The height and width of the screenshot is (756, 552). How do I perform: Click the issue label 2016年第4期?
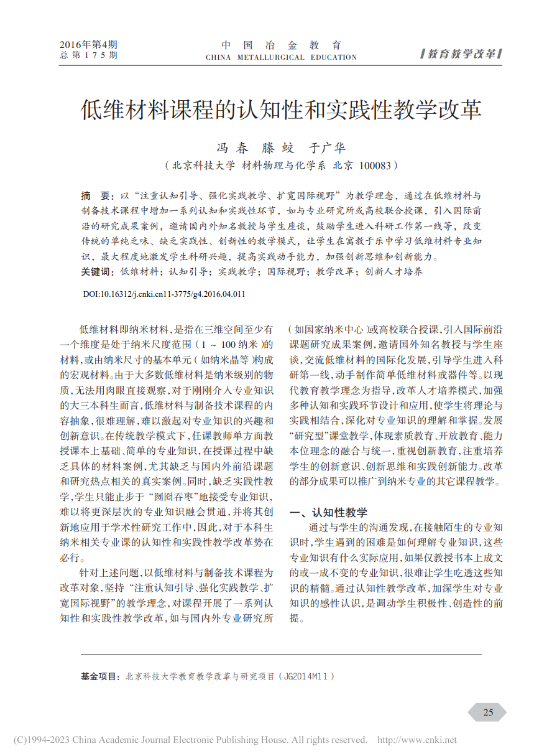point(88,45)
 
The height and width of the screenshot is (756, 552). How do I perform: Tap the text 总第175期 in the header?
point(88,55)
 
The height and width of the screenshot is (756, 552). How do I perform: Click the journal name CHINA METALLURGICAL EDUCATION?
point(281,57)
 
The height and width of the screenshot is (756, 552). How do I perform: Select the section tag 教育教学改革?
point(461,54)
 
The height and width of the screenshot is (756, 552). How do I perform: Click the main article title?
point(281,110)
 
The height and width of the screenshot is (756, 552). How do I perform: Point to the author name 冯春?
point(232,148)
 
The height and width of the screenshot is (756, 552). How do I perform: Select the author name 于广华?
point(328,148)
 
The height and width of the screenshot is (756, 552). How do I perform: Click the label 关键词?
point(97,271)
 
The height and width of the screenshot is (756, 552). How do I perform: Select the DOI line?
point(163,294)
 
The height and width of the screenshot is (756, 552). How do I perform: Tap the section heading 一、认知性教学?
point(329,512)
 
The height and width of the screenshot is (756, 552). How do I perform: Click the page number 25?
point(488,712)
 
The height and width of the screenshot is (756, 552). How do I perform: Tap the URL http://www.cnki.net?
point(417,740)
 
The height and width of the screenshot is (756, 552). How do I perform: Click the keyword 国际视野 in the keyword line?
point(285,271)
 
